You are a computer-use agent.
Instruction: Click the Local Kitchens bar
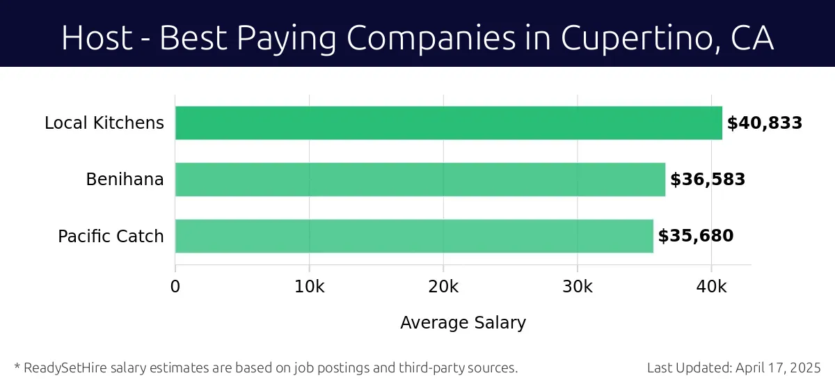[448, 123]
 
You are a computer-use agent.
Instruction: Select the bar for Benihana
[420, 180]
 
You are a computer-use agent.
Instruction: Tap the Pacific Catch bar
[414, 236]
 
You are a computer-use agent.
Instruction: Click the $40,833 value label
[765, 123]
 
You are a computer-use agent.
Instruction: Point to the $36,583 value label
[708, 180]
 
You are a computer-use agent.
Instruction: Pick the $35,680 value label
[696, 236]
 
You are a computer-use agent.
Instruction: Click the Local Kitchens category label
[104, 123]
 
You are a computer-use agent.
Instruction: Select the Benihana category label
[125, 180]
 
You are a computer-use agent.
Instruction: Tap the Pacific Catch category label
[111, 236]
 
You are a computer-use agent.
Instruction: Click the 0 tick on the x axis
[175, 287]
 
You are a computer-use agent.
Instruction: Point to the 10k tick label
[309, 287]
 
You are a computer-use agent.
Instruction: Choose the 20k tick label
[443, 287]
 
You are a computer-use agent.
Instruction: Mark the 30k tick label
[577, 287]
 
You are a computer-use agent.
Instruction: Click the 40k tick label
[711, 287]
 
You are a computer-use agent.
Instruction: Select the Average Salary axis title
[463, 323]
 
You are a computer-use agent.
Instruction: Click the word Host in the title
[97, 38]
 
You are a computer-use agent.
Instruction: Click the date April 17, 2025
[779, 368]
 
